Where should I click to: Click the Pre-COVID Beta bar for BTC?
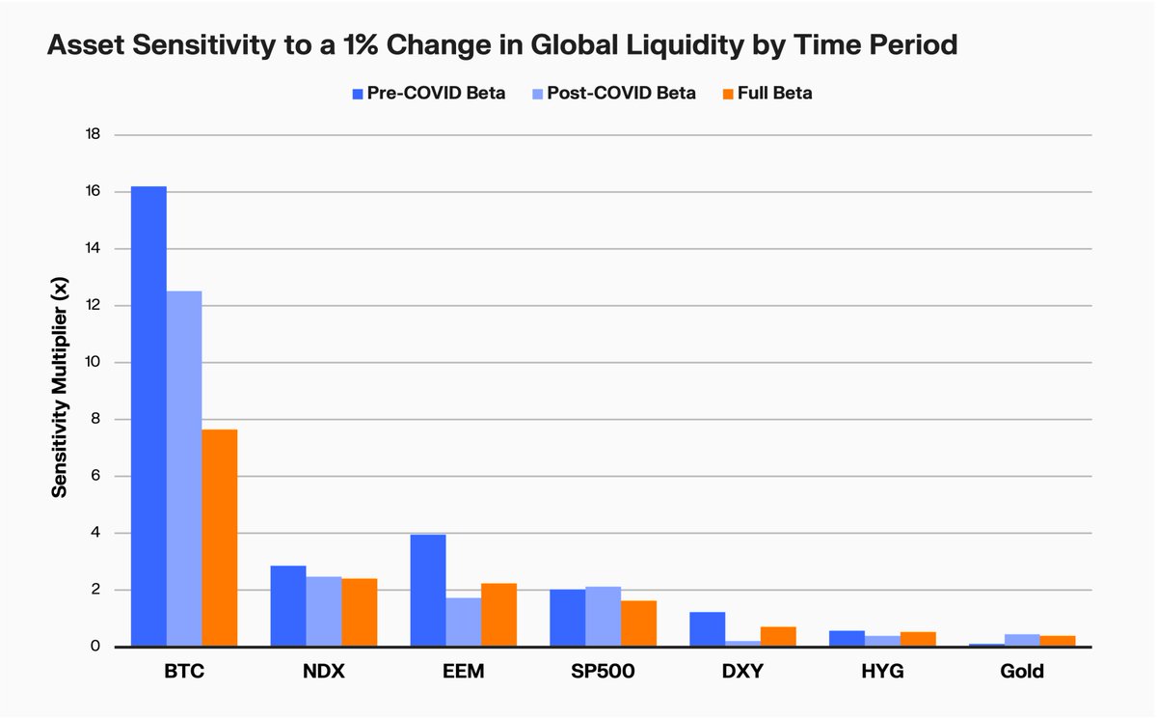pos(148,415)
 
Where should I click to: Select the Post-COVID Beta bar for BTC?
pos(184,468)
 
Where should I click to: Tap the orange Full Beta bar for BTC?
pos(220,538)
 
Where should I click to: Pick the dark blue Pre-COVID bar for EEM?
pos(428,590)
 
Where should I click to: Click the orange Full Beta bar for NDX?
pos(360,612)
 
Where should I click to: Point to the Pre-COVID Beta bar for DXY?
pos(708,629)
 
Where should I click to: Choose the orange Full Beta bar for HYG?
pos(918,639)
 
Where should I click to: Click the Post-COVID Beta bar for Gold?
pos(1022,640)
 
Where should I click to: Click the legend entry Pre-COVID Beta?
pos(428,94)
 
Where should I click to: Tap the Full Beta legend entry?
pos(767,94)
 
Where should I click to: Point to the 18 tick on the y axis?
pos(94,135)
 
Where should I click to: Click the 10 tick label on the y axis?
pos(94,363)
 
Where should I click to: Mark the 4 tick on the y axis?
pos(95,534)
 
